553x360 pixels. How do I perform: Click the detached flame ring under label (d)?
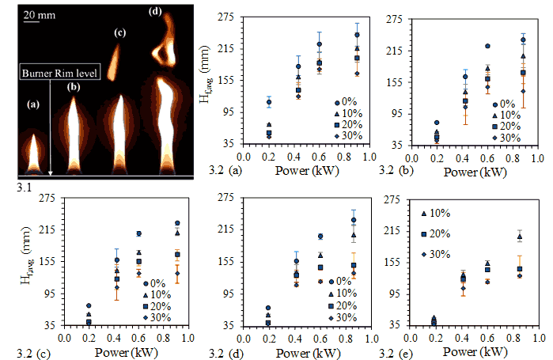pyautogui.click(x=165, y=51)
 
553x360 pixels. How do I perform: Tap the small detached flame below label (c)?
pyautogui.click(x=116, y=62)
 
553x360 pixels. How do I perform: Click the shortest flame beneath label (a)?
pyautogui.click(x=34, y=150)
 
